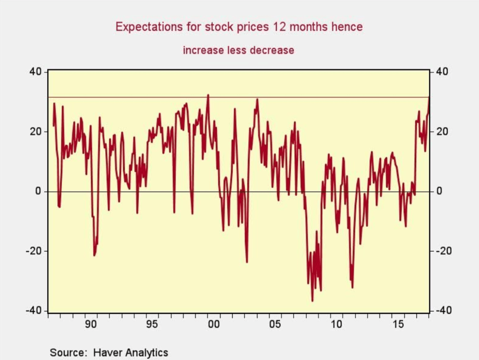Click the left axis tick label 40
(36, 72)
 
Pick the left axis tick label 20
(36, 131)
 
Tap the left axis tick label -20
(34, 251)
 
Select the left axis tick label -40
(34, 311)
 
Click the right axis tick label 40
(442, 72)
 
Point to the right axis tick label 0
(439, 191)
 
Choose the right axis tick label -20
(444, 251)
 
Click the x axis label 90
(91, 324)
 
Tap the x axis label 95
(152, 324)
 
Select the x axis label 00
(213, 324)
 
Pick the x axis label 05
(275, 324)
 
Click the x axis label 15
(398, 324)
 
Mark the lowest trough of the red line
(312, 300)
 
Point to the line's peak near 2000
(208, 95)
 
